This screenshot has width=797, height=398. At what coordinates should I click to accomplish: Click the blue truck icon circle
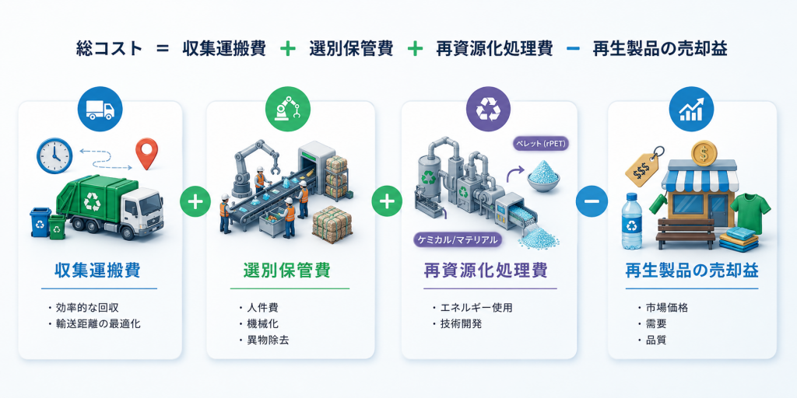coord(100,109)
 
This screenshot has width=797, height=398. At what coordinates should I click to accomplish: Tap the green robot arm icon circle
coord(288,109)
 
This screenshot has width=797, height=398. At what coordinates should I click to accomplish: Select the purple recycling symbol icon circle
coord(489,109)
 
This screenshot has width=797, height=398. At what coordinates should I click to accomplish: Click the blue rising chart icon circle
coord(691,109)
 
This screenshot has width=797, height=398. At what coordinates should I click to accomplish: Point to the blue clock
coord(54,155)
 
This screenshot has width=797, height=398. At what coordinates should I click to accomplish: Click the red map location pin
coord(146,154)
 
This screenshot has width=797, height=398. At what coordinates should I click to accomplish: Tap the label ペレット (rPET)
coord(540,144)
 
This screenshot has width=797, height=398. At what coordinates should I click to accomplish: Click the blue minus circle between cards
coord(592,201)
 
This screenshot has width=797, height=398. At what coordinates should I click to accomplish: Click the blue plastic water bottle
coord(631,221)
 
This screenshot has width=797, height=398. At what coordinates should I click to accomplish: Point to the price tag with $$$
coord(642,167)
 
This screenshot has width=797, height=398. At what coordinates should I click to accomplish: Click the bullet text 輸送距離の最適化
coord(98,323)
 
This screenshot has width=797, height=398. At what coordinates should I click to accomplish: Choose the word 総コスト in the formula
coord(109,49)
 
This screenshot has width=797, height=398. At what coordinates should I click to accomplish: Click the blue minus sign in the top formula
coord(573,49)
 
